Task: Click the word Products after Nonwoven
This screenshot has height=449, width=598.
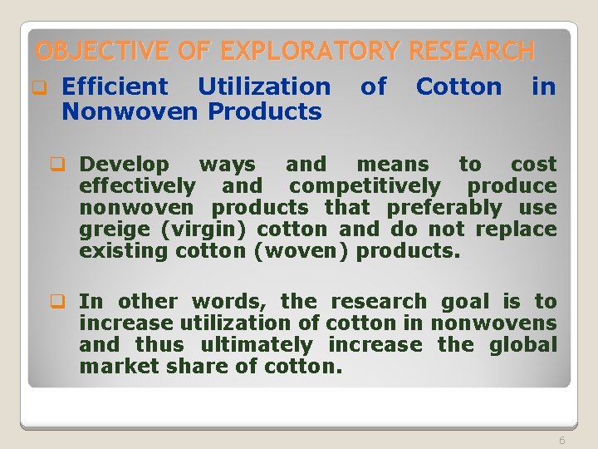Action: (x=265, y=111)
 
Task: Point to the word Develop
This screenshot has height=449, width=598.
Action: (x=124, y=165)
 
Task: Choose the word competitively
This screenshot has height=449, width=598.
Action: (x=365, y=186)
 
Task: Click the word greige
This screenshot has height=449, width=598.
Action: (x=109, y=229)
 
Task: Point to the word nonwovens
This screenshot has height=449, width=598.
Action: (x=493, y=323)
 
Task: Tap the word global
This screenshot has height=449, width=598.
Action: (x=522, y=344)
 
